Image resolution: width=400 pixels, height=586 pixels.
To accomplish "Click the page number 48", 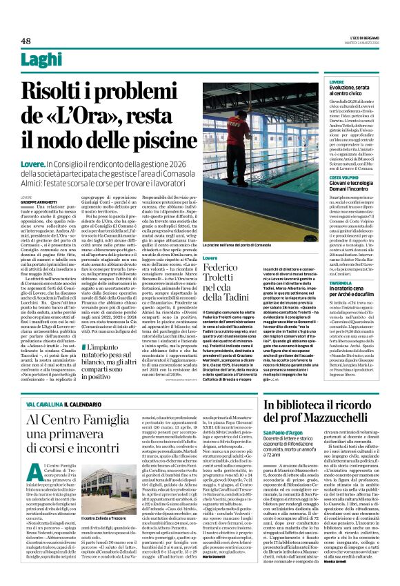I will (x=25, y=41).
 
